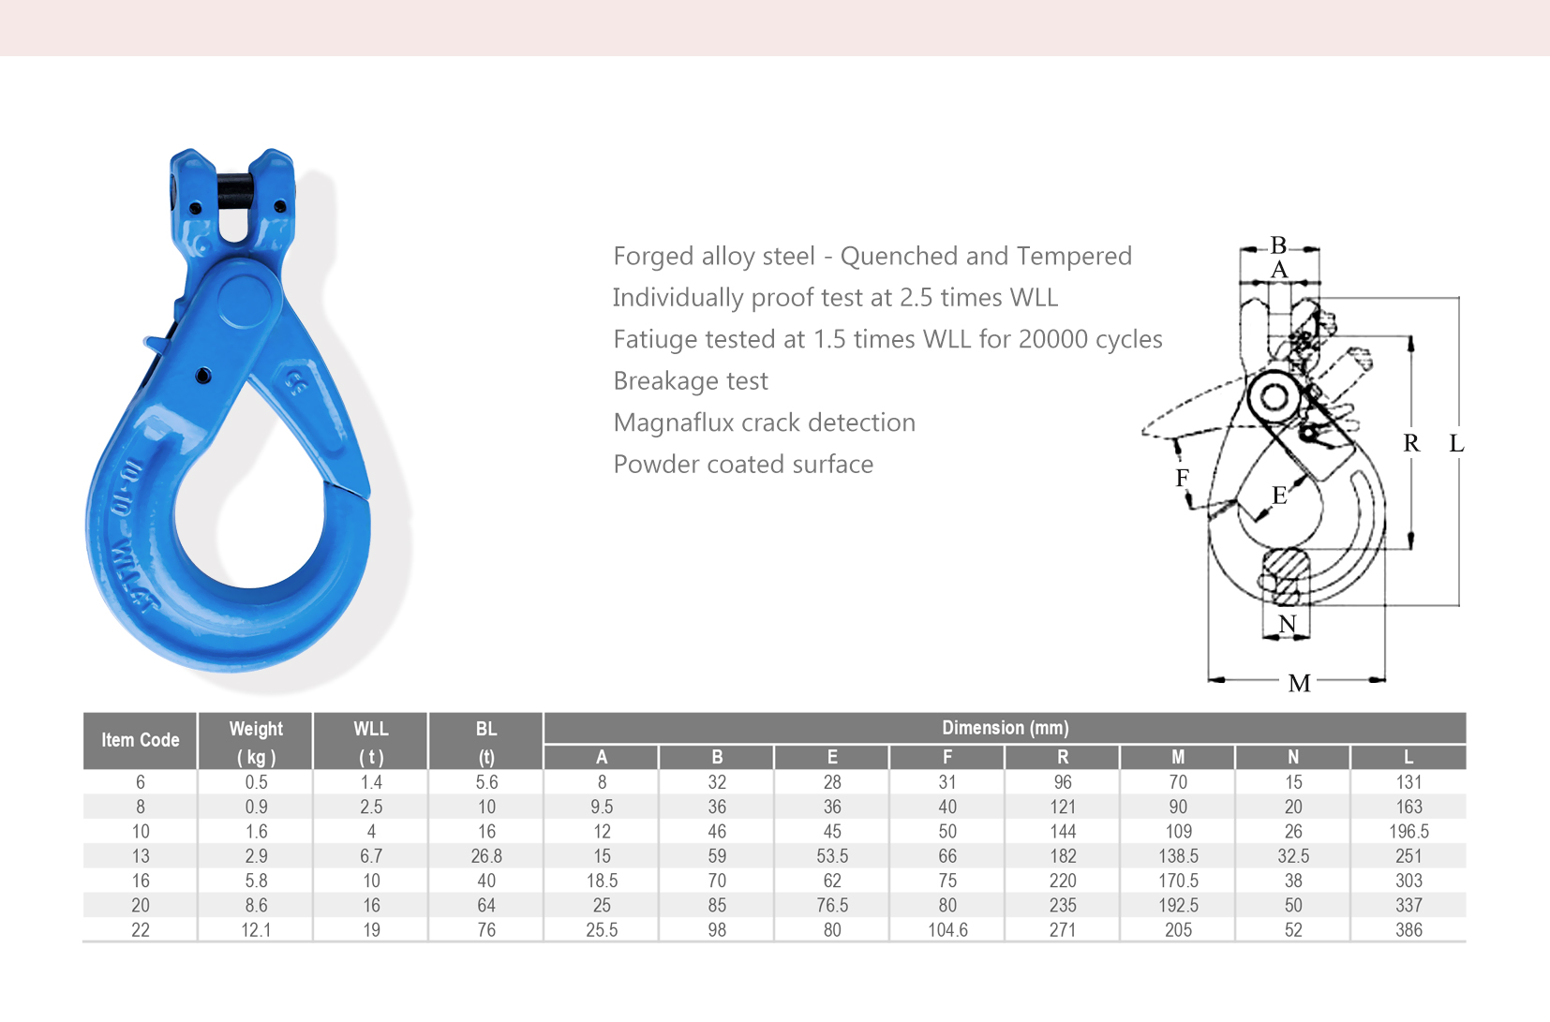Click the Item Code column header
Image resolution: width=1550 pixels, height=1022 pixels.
(x=141, y=740)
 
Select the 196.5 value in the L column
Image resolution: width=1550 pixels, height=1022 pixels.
(x=1408, y=832)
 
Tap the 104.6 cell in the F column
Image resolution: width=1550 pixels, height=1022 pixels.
(x=947, y=930)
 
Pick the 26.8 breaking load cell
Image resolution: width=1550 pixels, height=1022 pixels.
(x=486, y=856)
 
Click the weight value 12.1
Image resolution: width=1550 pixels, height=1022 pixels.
(x=256, y=930)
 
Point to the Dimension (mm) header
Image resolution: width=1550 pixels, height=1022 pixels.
(x=1005, y=728)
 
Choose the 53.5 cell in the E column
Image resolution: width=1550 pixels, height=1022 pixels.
(x=832, y=856)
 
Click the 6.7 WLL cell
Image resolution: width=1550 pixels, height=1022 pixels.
(x=371, y=856)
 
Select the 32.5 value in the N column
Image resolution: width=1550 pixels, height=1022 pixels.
(x=1293, y=856)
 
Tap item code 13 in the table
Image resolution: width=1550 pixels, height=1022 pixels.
(x=141, y=856)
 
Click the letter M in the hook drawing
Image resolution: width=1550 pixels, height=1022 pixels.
(x=1299, y=683)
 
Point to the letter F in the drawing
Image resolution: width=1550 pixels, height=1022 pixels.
(x=1183, y=479)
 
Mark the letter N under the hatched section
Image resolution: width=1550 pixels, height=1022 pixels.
(x=1288, y=624)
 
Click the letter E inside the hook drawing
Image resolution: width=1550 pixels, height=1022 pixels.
(x=1279, y=496)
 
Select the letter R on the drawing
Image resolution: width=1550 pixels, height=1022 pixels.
(x=1411, y=443)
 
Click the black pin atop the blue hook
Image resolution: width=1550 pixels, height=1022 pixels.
(x=235, y=191)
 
